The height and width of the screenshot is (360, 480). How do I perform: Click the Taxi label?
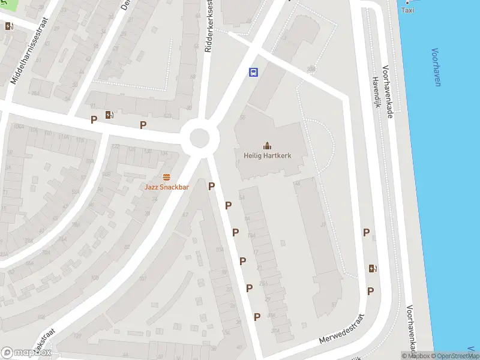[x=407, y=10]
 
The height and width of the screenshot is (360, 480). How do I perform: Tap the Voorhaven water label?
[x=436, y=67]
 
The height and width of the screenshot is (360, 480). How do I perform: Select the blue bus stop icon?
[x=254, y=73]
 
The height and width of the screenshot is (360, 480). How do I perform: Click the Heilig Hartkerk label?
[x=267, y=155]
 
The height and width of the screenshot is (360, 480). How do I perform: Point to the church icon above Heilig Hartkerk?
[x=267, y=145]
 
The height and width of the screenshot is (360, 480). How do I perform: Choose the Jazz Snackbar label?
[x=166, y=187]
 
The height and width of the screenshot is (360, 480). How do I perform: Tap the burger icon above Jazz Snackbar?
[x=166, y=177]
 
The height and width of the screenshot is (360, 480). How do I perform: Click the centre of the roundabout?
[x=200, y=137]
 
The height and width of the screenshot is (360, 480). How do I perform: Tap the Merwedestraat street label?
[x=343, y=329]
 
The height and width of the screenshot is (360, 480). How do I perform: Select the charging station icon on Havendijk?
[x=373, y=268]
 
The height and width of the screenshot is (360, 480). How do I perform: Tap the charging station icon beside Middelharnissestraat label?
[x=8, y=26]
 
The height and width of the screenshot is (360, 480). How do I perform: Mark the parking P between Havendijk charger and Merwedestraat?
[x=371, y=291]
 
